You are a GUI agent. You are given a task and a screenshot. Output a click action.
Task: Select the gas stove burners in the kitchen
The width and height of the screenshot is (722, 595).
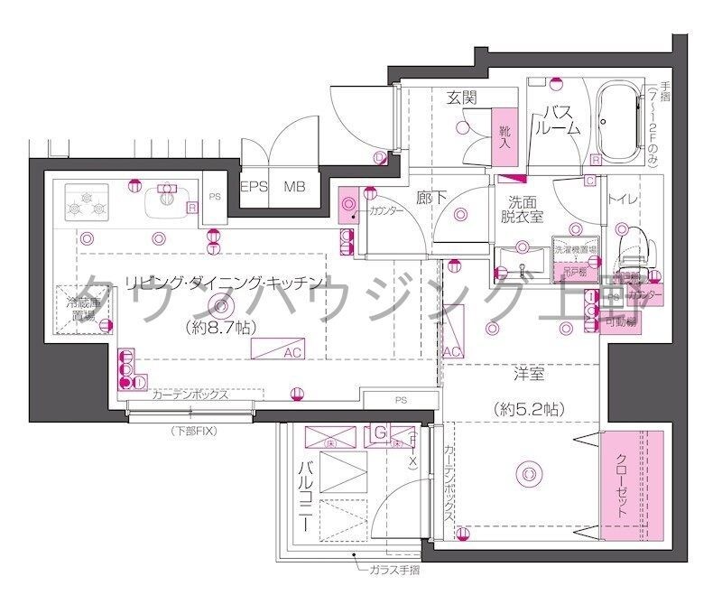[x=86, y=203]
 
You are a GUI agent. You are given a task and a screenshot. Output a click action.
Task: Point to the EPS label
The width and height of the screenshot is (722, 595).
[x=255, y=188]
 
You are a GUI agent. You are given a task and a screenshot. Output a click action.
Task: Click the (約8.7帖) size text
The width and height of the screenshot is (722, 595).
[x=216, y=327]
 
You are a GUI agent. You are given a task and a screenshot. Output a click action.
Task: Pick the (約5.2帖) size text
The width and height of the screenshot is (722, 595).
[x=529, y=408]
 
